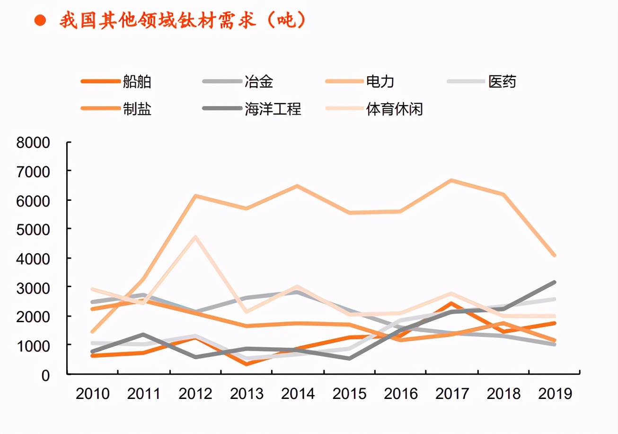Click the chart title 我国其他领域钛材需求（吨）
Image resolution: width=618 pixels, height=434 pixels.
[182, 20]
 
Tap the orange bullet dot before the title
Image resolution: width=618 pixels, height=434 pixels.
[40, 20]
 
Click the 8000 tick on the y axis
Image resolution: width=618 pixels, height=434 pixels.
[33, 143]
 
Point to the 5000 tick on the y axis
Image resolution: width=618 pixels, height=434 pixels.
[33, 229]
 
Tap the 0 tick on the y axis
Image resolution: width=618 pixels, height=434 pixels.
[45, 375]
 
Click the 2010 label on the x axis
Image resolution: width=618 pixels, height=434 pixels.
[93, 394]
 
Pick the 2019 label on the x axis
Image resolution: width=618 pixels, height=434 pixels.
[555, 394]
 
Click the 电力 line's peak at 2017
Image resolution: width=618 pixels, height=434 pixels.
[452, 180]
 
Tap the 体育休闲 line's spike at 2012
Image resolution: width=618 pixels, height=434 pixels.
[195, 236]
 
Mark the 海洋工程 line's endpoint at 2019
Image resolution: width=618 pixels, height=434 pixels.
[554, 282]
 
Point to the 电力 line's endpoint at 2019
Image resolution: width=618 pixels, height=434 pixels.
[554, 255]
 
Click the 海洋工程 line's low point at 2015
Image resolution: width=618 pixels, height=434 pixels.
[349, 358]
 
